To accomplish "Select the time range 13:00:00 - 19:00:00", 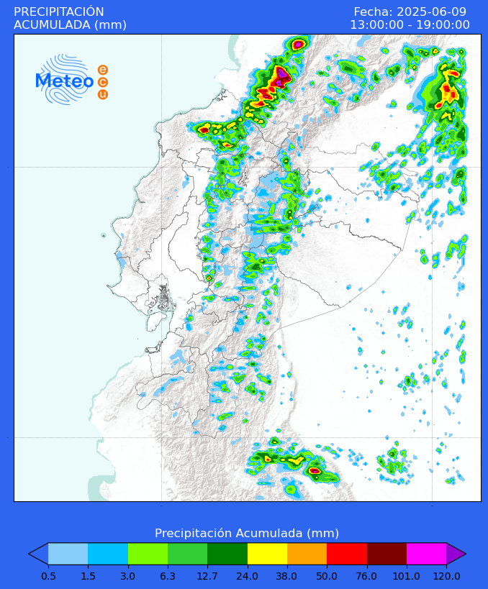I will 410,25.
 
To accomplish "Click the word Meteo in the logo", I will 65,81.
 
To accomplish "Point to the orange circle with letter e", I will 103,70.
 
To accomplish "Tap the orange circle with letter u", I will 103,94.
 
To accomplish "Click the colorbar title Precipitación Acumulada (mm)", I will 247,533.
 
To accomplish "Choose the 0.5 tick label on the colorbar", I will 48,575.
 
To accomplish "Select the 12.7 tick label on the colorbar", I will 207,575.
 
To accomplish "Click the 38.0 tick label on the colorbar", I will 287,575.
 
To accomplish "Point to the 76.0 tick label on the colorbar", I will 367,575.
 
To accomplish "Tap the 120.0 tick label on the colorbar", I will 446,575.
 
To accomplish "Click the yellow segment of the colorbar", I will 267,553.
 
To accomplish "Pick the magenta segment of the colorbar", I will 426,553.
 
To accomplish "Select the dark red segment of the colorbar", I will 387,553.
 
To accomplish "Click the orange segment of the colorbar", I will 307,553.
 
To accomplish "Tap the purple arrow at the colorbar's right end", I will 455,553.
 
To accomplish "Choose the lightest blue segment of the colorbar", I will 68,553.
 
